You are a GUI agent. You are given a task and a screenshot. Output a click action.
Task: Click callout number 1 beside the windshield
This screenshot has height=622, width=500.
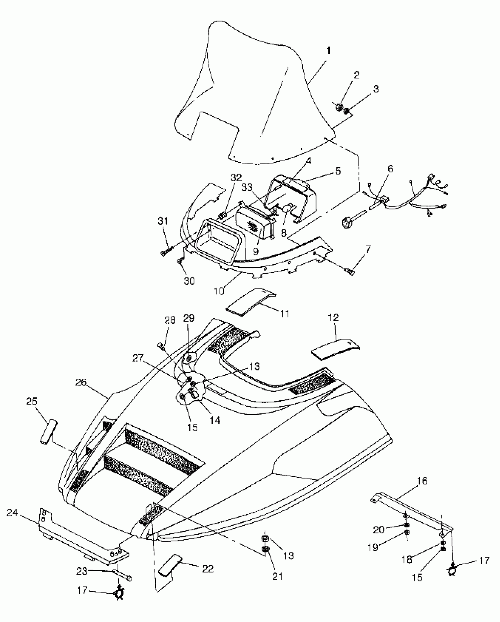(329, 51)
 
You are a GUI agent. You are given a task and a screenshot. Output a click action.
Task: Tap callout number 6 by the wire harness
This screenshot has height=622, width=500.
(390, 169)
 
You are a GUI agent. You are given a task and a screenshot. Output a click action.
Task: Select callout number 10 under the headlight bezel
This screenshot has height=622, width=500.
(219, 291)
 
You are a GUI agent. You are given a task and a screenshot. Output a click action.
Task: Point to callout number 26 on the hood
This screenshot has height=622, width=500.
(81, 382)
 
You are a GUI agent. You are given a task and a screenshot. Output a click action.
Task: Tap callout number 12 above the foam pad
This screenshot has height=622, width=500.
(333, 317)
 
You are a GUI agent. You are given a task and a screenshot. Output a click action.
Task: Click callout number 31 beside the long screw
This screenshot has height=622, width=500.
(163, 222)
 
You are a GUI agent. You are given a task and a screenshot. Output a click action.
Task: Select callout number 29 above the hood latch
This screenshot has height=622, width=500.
(189, 318)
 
